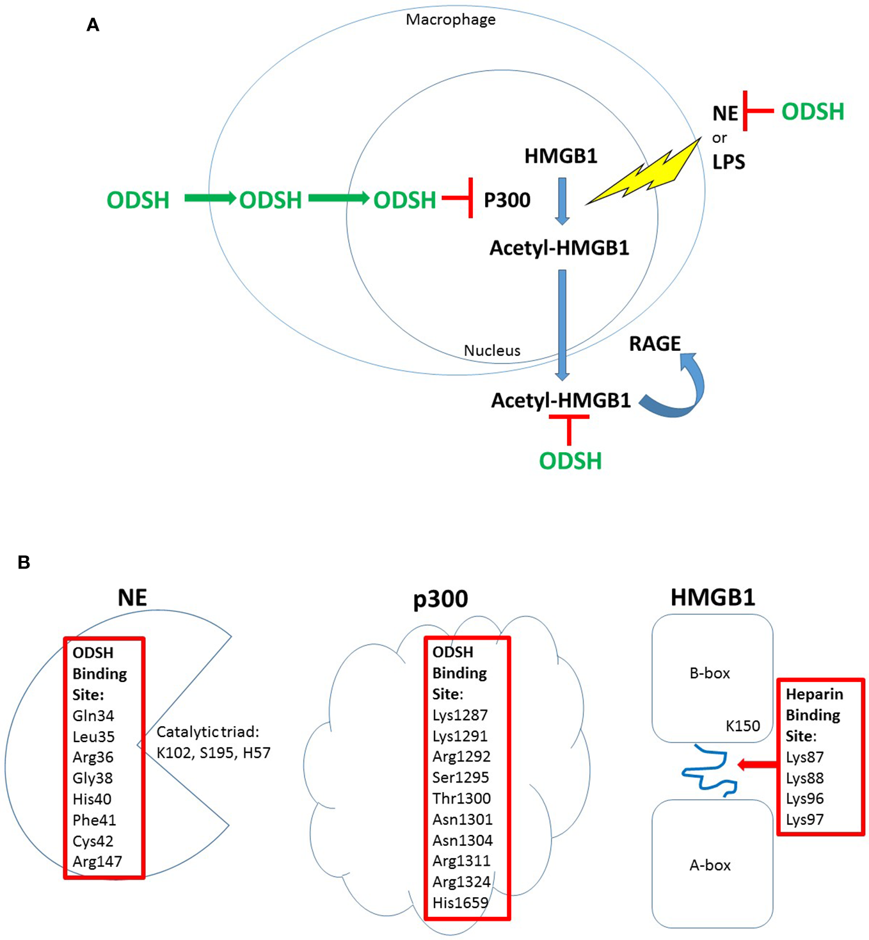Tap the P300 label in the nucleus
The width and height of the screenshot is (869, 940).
click(x=507, y=200)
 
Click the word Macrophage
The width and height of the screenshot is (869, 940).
click(x=450, y=20)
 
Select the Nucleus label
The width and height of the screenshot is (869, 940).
click(x=492, y=351)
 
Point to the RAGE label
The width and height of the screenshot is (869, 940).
click(x=655, y=344)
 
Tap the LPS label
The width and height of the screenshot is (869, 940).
click(x=729, y=162)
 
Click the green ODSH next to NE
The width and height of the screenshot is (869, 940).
click(x=813, y=112)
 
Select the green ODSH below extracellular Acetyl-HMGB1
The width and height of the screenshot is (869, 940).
click(x=570, y=461)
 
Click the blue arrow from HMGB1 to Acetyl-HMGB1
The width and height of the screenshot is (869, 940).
click(x=562, y=201)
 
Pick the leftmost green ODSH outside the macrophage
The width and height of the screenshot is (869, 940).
click(x=138, y=200)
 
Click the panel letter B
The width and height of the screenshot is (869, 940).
click(x=24, y=562)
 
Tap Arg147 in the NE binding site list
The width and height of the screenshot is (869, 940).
click(x=97, y=862)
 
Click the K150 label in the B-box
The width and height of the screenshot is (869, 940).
click(x=742, y=726)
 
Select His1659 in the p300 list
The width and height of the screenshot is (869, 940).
click(x=460, y=903)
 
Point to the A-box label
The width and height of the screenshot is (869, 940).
click(x=710, y=866)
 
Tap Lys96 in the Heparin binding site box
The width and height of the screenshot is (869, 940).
click(x=804, y=799)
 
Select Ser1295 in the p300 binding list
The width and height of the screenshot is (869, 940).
click(x=461, y=777)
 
